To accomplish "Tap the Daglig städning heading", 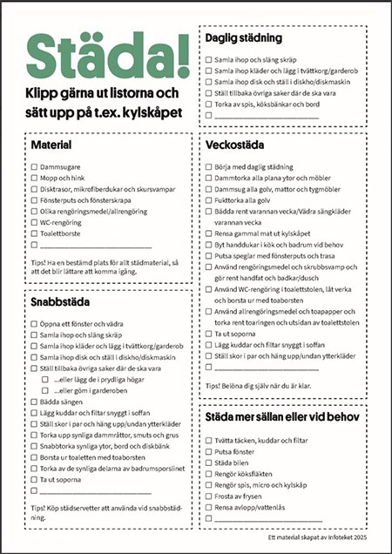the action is [242, 38].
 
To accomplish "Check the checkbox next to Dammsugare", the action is [34, 166].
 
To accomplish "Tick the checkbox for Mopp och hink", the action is [34, 177].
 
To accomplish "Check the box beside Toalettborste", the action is [34, 233].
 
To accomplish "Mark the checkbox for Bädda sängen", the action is [34, 402].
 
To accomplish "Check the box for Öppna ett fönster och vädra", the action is [34, 323].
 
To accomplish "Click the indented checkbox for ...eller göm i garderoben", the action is [45, 391].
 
